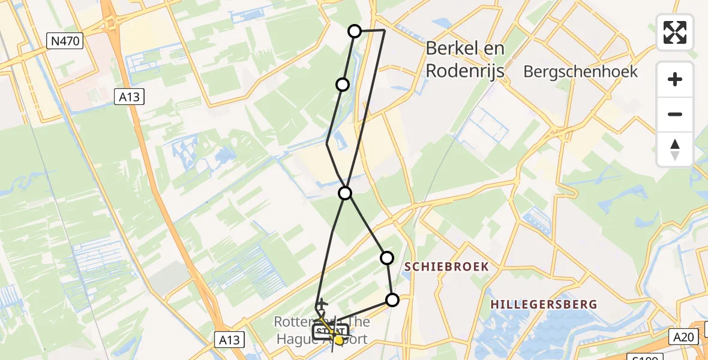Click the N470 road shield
point(65,41)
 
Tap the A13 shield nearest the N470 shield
point(129,97)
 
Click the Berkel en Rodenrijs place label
point(465,60)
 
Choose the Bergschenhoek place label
point(580,72)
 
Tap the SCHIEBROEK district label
point(446,266)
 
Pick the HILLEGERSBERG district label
point(544,304)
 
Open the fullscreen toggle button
point(675,32)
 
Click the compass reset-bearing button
point(675,149)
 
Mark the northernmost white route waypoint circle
point(355,31)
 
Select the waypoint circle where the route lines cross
point(345,193)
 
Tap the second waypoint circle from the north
point(343,85)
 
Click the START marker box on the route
point(329,331)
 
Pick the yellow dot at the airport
point(339,340)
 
